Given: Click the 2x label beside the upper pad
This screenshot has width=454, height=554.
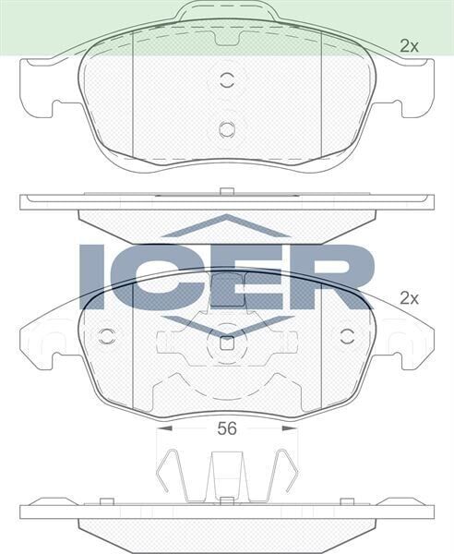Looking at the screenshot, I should (x=409, y=44).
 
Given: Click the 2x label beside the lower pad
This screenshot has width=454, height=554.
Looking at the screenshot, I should (x=409, y=298).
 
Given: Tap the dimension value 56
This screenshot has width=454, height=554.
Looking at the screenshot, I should (x=227, y=428).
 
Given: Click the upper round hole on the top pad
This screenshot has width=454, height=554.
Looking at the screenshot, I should (x=227, y=79).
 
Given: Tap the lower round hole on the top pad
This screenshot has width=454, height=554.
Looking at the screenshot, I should (x=227, y=128).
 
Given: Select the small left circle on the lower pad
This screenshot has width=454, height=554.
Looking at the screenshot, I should (x=106, y=334).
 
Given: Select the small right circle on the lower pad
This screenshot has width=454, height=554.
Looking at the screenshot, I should (x=349, y=334).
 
